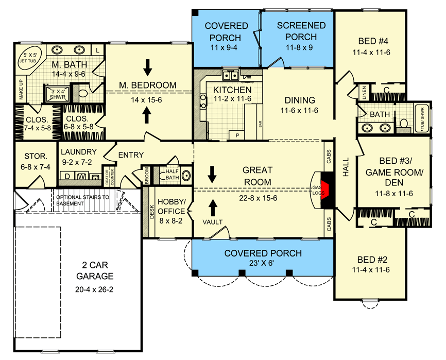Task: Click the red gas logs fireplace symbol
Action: click(x=324, y=189)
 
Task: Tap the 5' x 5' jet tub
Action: click(x=28, y=58)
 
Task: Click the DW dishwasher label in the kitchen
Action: click(x=247, y=77)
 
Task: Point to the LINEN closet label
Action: click(x=365, y=92)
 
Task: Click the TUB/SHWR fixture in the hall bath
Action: click(x=422, y=119)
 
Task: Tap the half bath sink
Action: click(x=186, y=176)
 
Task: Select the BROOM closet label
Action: click(x=147, y=176)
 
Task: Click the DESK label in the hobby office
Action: click(x=152, y=212)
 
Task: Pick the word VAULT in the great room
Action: click(x=213, y=222)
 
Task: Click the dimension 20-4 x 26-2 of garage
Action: click(x=94, y=289)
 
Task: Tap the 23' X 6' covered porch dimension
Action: click(x=262, y=263)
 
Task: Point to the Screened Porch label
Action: click(x=301, y=31)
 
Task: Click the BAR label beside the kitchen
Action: click(x=260, y=124)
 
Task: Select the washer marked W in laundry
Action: click(x=82, y=177)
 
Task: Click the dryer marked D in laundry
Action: click(x=67, y=176)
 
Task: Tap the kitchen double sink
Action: click(x=230, y=76)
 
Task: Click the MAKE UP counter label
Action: click(x=21, y=89)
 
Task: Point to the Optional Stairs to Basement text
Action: click(x=82, y=200)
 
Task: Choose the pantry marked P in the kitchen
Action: click(x=238, y=135)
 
